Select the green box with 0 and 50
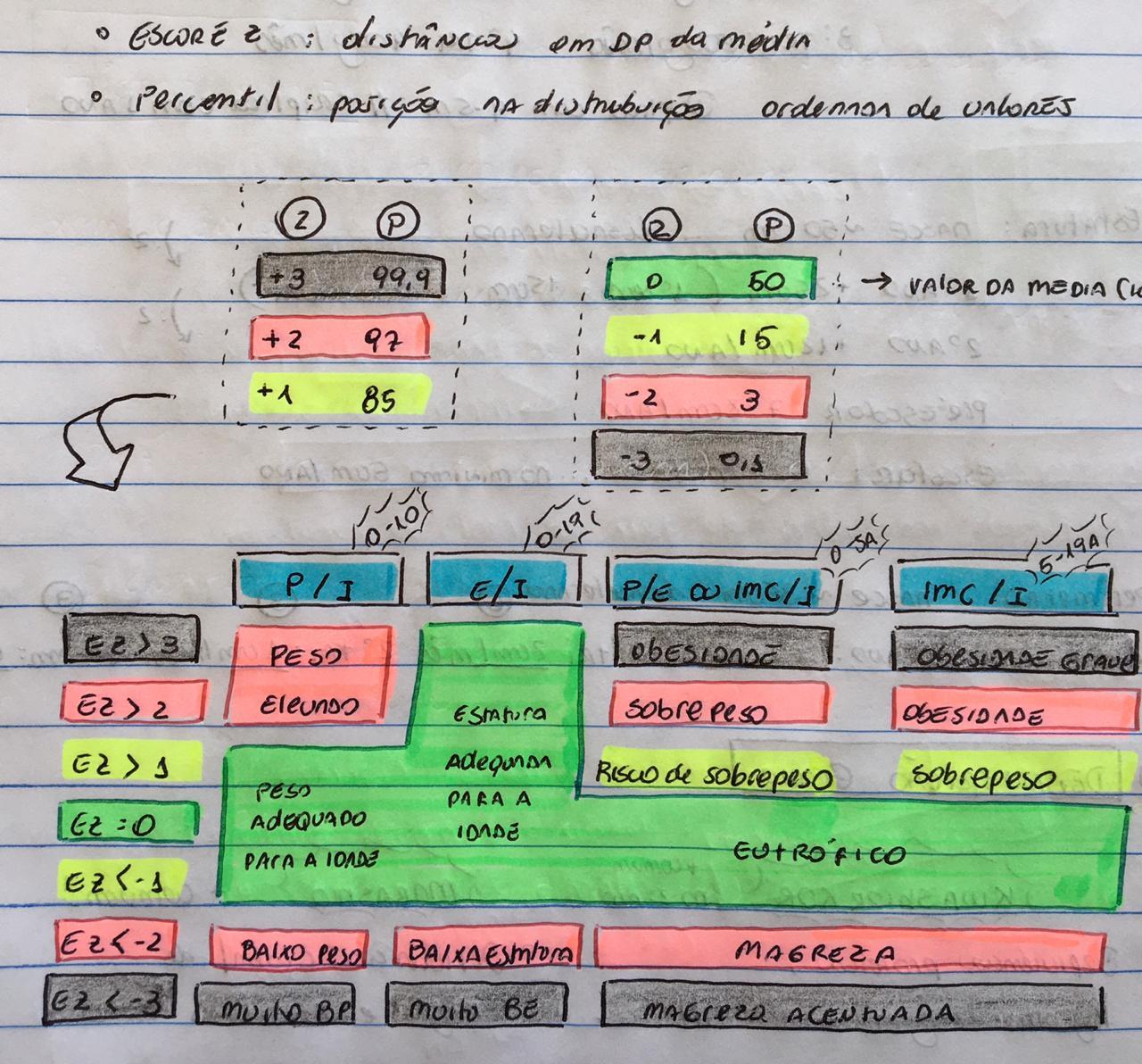(709, 279)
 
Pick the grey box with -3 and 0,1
(699, 458)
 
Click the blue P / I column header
(318, 582)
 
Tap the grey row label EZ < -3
(110, 1001)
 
